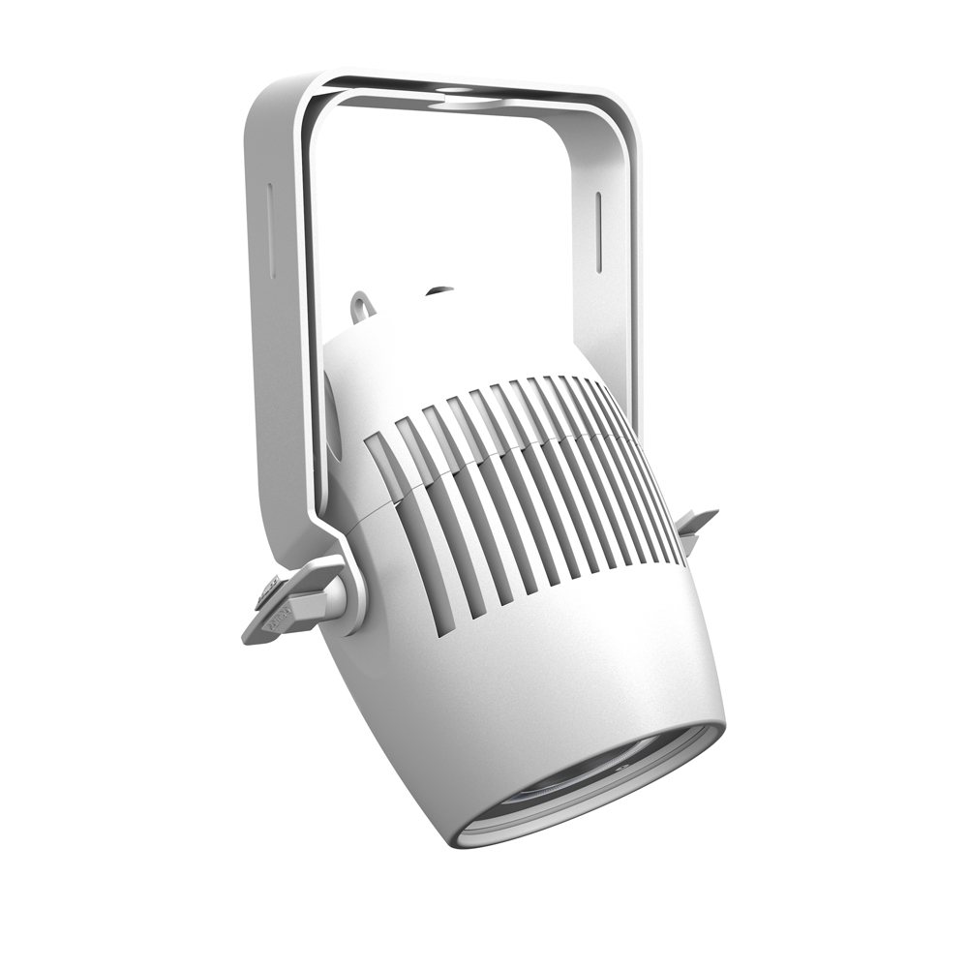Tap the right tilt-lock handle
click(x=698, y=524)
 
